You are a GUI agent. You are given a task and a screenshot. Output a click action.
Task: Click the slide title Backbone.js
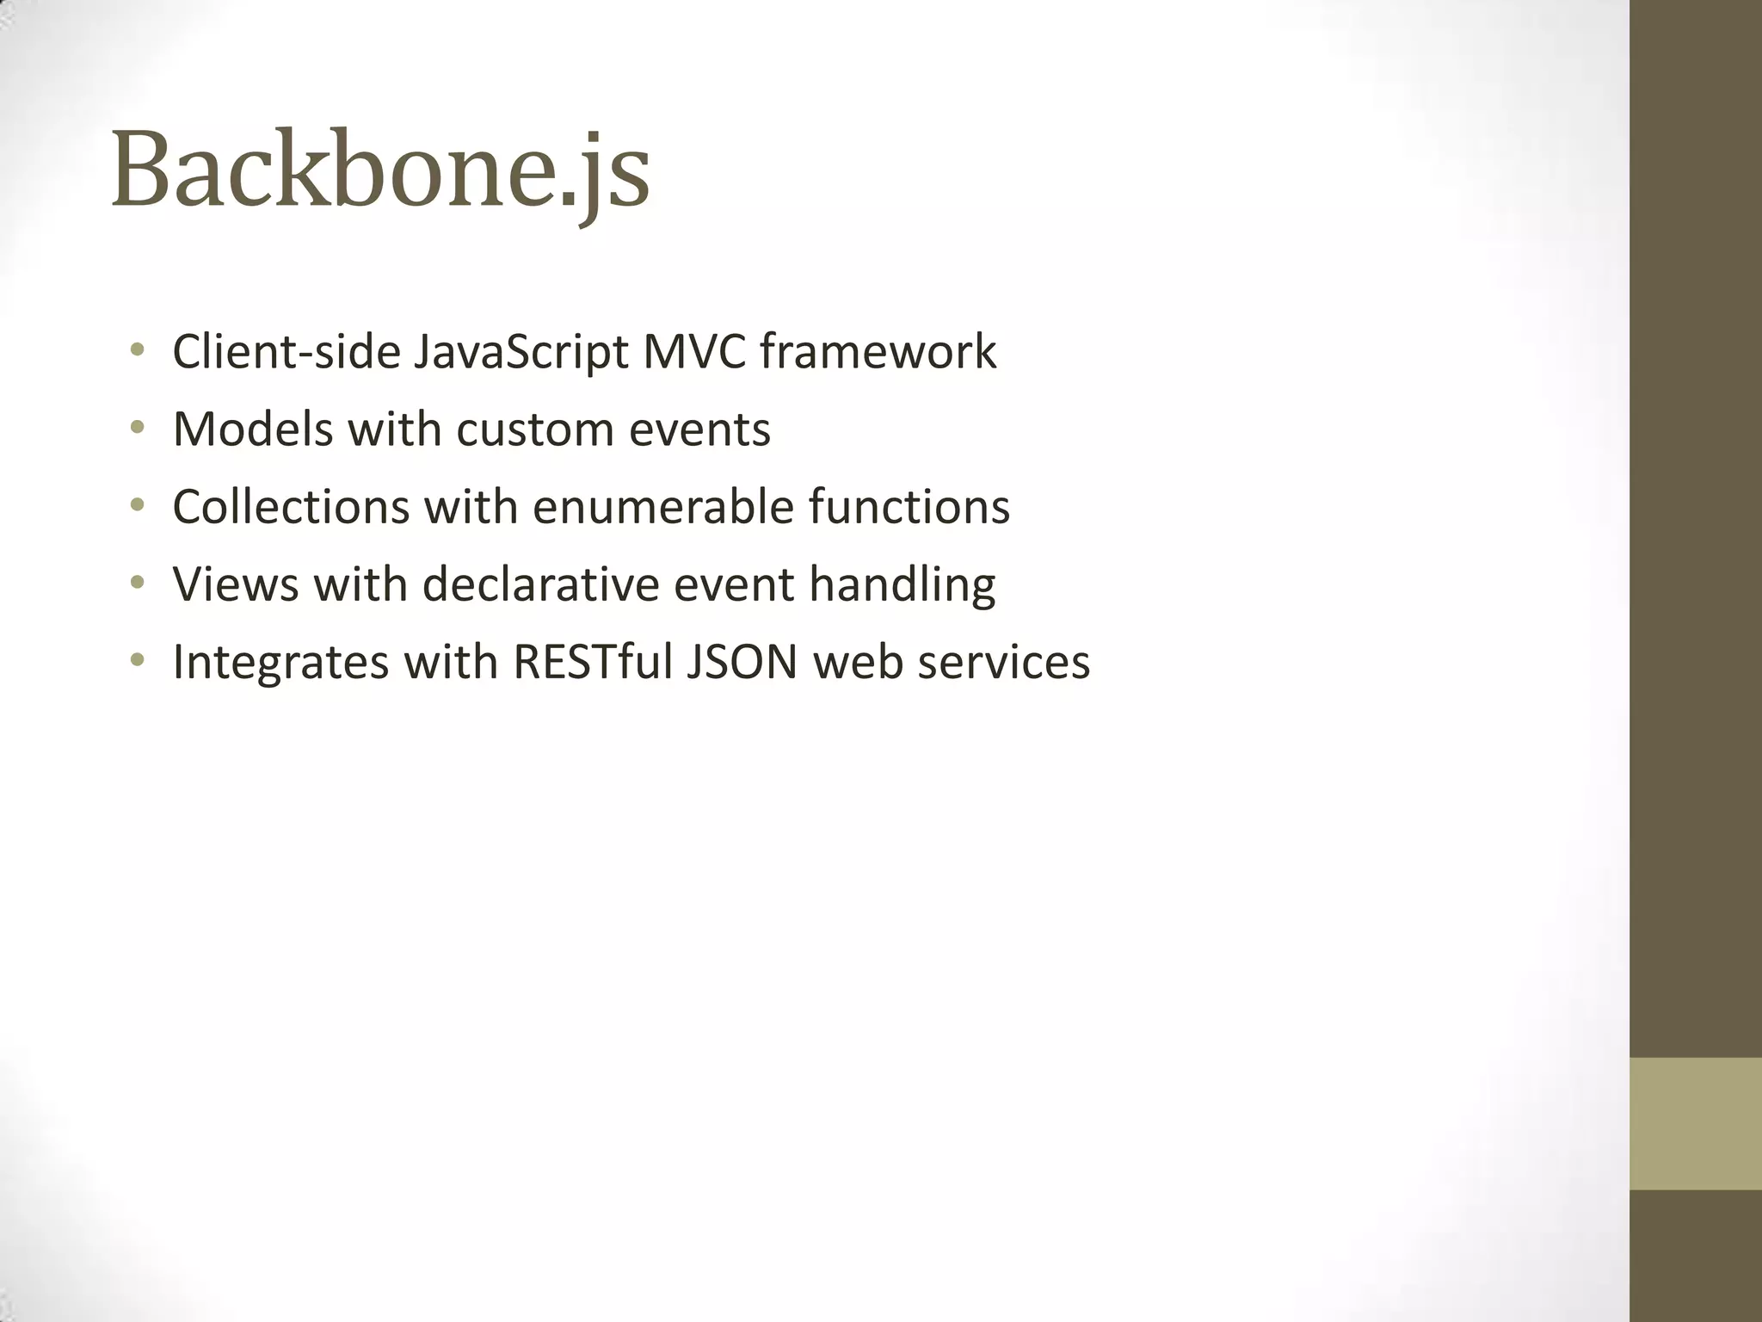379,170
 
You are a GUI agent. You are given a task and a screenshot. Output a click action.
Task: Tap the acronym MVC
694,352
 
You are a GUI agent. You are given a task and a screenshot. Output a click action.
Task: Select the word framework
878,352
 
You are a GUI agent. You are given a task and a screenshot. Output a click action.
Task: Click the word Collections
291,507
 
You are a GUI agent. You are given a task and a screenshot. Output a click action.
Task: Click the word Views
236,584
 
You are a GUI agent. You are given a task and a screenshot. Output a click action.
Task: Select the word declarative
540,584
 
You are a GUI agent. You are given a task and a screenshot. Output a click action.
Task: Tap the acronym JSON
742,662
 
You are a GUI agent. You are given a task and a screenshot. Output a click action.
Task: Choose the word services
1003,662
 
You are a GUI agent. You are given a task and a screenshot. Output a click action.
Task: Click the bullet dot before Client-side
137,350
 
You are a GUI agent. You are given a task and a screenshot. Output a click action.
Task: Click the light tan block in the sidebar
1695,1123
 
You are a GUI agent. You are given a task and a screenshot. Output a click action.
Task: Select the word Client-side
286,352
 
